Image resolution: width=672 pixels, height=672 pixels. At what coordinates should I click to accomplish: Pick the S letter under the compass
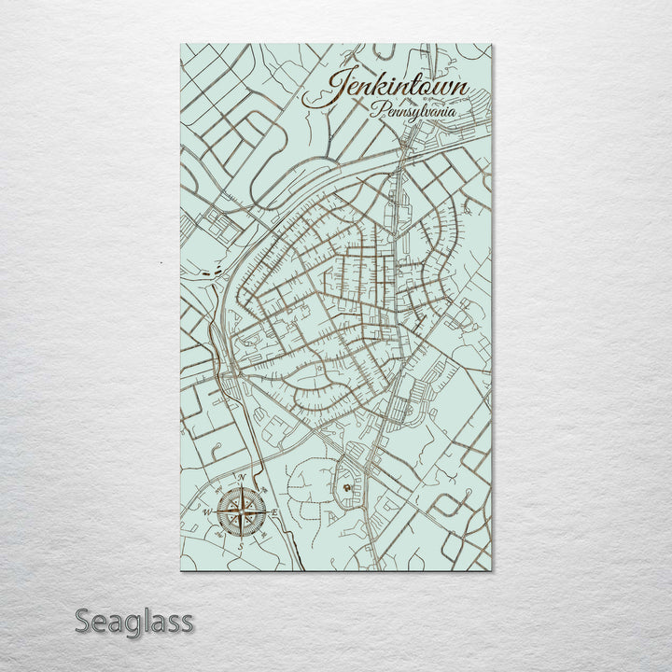[x=240, y=546]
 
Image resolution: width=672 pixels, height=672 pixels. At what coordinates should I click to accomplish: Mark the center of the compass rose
[x=240, y=511]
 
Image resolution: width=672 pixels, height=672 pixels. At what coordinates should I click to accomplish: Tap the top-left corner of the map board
[x=180, y=44]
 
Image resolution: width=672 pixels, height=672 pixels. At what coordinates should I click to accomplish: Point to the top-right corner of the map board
[x=492, y=44]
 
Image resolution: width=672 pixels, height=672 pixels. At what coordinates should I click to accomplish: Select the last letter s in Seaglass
[x=187, y=622]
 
